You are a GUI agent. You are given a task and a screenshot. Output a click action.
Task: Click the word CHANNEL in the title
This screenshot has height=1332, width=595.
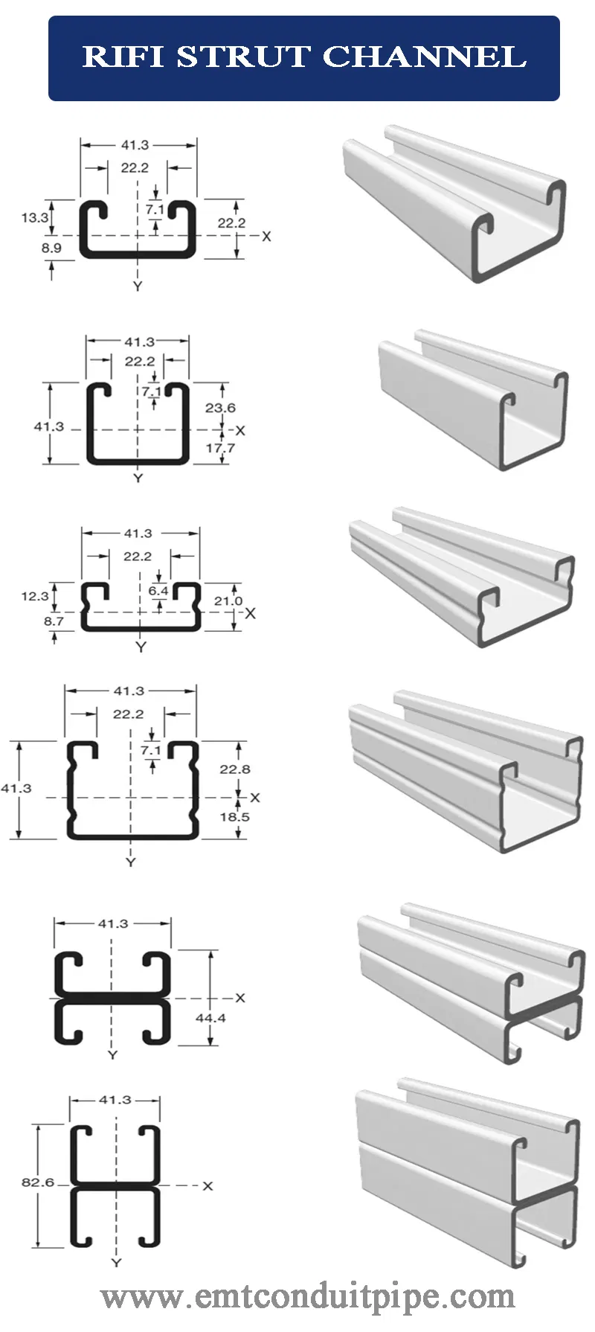coord(425,57)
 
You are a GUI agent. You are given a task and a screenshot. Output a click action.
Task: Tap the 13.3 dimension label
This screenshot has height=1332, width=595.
coord(34,218)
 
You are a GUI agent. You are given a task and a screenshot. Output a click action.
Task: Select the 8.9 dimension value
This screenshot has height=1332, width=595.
coord(51,248)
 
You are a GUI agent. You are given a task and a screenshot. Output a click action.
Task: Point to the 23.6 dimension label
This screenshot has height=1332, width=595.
coord(220,408)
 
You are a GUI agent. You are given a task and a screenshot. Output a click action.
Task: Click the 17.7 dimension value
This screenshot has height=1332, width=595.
coord(220,448)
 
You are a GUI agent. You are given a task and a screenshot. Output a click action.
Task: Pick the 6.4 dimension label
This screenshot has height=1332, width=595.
coord(158,591)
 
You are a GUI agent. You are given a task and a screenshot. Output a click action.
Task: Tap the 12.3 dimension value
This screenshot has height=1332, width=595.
coord(34,596)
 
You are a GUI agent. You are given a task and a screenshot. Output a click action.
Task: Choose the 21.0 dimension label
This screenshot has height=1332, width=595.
coord(228,601)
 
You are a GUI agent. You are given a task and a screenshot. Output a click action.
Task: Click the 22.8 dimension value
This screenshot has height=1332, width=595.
coord(235,769)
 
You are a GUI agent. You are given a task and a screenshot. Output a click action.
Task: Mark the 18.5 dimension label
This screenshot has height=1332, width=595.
coord(235,817)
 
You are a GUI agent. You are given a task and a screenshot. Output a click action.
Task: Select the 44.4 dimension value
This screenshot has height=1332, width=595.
coord(210,1018)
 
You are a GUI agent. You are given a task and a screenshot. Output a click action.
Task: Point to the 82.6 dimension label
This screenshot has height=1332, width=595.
coord(38,1182)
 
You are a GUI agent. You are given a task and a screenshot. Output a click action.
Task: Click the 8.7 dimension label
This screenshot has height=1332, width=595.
coord(54,621)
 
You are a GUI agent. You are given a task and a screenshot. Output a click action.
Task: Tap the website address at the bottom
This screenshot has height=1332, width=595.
coord(308,1297)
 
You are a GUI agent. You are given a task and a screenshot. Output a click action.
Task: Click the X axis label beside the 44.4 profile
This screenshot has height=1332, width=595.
coord(239,998)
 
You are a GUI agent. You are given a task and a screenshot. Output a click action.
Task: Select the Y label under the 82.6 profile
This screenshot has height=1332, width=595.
coord(116,1263)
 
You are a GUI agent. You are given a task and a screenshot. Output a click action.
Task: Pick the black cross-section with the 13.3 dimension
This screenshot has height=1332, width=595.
coord(138,228)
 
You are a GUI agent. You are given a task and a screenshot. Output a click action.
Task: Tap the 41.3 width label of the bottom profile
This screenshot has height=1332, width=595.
coord(115,1100)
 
